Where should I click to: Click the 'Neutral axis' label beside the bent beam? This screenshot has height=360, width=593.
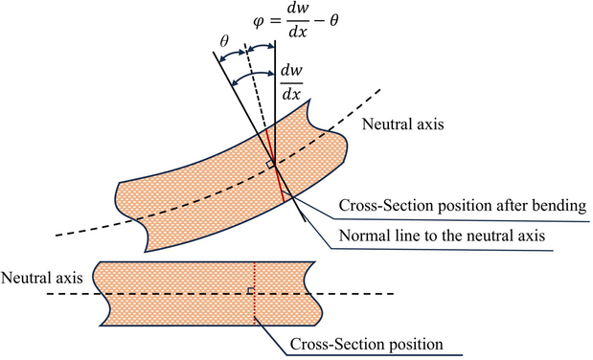[x=397, y=124]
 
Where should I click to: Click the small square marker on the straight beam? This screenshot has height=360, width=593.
[x=250, y=290]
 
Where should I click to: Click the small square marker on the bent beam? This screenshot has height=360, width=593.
[x=270, y=165]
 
